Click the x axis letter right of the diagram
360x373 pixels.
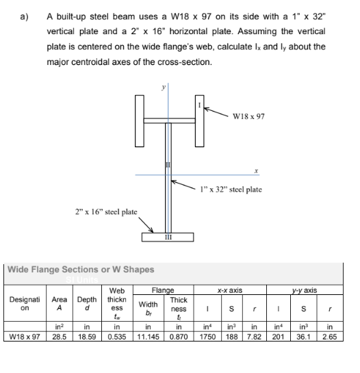click(x=254, y=168)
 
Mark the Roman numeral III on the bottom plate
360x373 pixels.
click(x=168, y=239)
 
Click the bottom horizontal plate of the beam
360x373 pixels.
click(x=168, y=237)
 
